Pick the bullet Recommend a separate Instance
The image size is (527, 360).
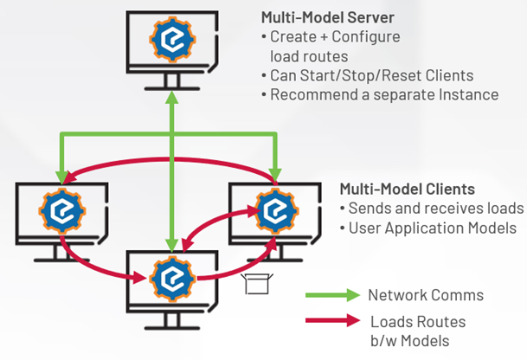[x=380, y=94]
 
